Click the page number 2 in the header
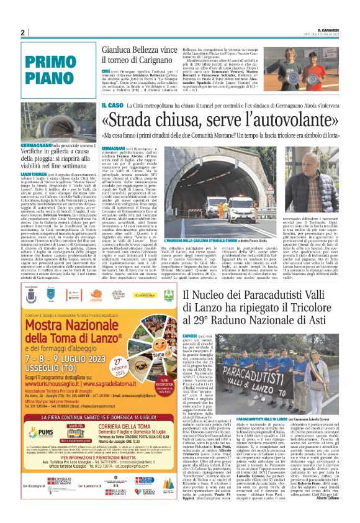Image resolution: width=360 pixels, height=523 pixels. click(x=22, y=32)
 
